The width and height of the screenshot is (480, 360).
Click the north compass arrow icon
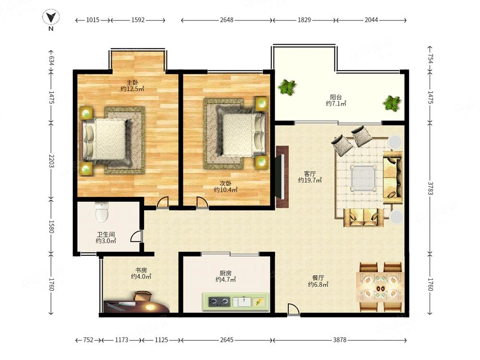[51, 17]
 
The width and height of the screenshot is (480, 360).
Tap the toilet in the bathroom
[102, 212]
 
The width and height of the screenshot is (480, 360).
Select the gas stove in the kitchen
[219, 302]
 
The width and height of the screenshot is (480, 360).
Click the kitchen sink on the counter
[242, 302]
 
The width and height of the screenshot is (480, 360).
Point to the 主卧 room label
[132, 83]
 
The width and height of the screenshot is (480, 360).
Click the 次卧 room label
[226, 183]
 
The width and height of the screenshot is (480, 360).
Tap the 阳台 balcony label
[336, 97]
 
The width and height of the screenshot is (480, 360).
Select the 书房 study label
[141, 270]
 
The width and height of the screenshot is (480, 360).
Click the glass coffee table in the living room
[363, 178]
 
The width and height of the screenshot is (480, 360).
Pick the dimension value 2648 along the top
[227, 20]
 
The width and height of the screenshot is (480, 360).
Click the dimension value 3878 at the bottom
[340, 340]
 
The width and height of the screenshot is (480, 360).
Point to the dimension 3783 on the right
[430, 188]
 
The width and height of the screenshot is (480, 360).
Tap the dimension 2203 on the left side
[51, 161]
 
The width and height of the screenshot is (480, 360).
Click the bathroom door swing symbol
[136, 236]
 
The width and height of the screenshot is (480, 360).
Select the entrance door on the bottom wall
[293, 309]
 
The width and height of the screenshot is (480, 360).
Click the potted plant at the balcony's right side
[392, 103]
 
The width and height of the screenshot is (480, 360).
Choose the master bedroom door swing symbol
[163, 203]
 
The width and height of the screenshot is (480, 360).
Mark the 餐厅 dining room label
[318, 277]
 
